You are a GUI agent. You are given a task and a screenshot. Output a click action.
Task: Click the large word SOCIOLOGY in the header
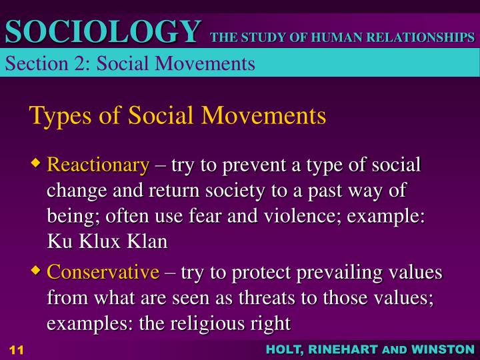click(x=103, y=31)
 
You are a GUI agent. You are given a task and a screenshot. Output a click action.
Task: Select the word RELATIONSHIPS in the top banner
click(x=421, y=37)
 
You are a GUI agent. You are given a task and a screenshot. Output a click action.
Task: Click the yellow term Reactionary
click(x=98, y=165)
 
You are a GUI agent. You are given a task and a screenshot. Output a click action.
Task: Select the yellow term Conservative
click(x=103, y=272)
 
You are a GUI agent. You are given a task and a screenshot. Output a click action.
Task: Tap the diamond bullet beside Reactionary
click(x=36, y=163)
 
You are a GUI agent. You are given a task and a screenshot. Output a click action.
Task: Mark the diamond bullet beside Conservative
click(x=36, y=270)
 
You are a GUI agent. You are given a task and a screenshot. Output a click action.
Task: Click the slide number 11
click(x=16, y=350)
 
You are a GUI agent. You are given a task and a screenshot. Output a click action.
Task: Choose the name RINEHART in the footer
click(x=343, y=349)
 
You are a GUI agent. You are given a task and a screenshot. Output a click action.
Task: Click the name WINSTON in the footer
click(x=443, y=349)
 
